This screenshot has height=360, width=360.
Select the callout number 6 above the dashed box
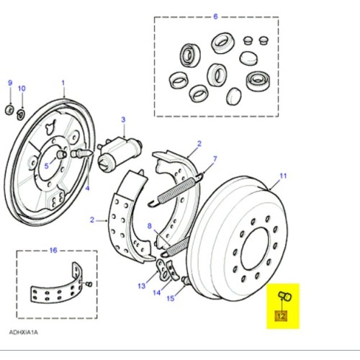pyautogui.click(x=215, y=15)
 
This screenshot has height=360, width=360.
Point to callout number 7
pyautogui.click(x=214, y=158)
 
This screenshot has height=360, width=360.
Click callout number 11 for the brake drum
pyautogui.click(x=283, y=176)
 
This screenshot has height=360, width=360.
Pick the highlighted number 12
pyautogui.click(x=282, y=315)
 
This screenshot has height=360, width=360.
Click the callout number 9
pyautogui.click(x=10, y=83)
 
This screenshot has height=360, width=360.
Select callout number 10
pyautogui.click(x=22, y=88)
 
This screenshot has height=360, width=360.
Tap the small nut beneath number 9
pyautogui.click(x=9, y=109)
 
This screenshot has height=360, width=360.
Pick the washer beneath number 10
pyautogui.click(x=21, y=112)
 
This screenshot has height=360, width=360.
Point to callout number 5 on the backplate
pyautogui.click(x=47, y=166)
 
